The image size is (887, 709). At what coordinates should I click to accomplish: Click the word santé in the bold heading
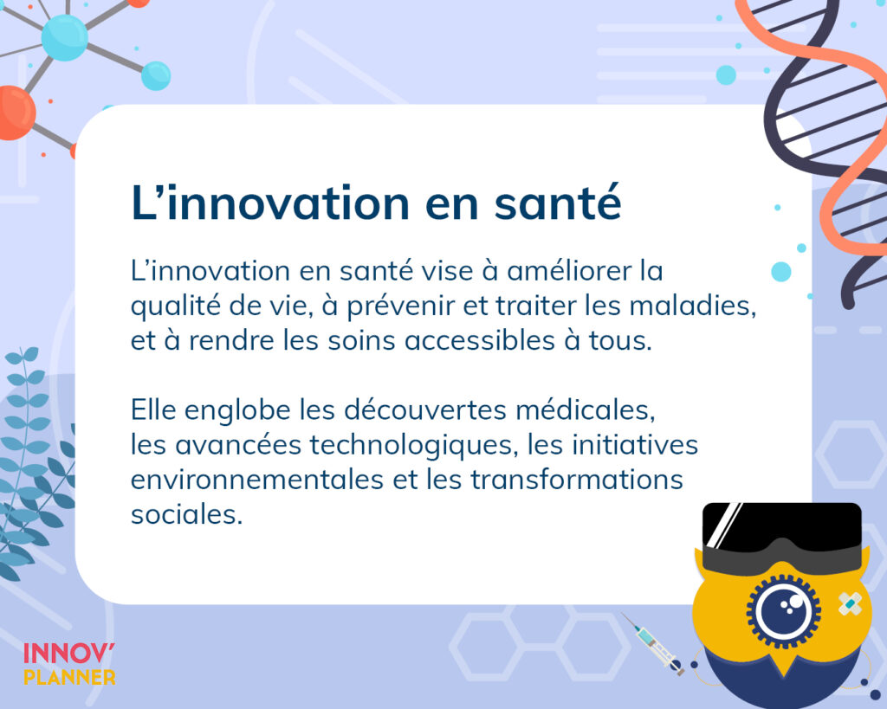pos(558,202)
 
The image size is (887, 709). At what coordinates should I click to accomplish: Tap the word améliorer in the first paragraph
pos(568,271)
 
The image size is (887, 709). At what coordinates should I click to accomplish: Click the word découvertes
pos(425,409)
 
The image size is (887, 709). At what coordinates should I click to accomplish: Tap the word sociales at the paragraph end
pos(186,514)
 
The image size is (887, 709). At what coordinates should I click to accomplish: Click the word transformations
pos(577,480)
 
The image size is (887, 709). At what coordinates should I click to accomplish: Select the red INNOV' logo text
pos(69,654)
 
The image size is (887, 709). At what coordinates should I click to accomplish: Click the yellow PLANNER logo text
pos(69,677)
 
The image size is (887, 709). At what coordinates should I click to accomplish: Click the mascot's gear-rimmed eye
pos(783,611)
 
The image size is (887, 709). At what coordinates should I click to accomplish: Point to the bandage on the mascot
pos(850,604)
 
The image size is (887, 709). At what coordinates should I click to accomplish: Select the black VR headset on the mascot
pos(782,537)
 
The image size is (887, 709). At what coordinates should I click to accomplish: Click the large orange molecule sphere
pos(14,113)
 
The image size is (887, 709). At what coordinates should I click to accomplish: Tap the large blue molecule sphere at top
pos(64,37)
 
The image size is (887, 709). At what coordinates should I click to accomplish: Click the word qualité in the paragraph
pos(175,306)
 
